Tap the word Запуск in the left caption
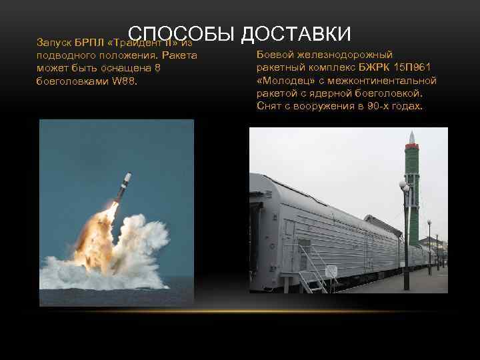[x=53, y=42]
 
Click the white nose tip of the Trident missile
[x=128, y=175]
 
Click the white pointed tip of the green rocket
[x=412, y=136]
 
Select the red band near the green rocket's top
[x=412, y=145]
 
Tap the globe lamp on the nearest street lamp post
[x=404, y=186]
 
